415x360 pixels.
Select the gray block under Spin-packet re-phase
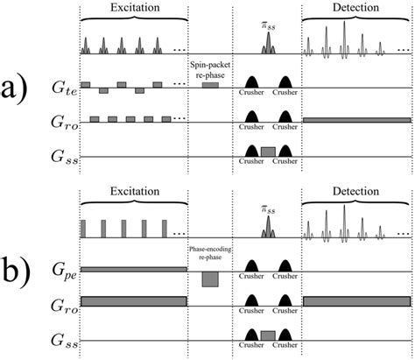pos(210,84)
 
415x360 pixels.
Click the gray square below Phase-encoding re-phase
pos(210,279)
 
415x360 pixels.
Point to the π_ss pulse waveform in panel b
pos(268,227)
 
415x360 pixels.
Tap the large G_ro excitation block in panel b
pos(133,300)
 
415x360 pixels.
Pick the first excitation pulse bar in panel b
pos(83,229)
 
